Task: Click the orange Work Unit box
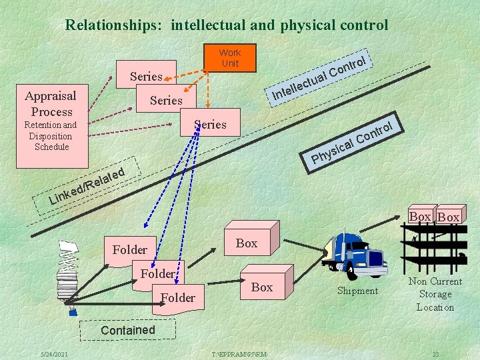coord(229,58)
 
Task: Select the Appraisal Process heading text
coord(51,103)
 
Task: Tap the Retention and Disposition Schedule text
coord(51,135)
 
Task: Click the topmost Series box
coord(146,76)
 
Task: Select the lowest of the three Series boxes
coord(210,124)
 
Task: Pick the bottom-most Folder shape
coord(177,297)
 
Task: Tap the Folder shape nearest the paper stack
coord(130,249)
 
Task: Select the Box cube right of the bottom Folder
coord(261,287)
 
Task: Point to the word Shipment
coord(357,291)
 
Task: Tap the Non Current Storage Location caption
coord(435,294)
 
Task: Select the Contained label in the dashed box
coord(127,330)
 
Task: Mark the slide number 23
coord(435,353)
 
